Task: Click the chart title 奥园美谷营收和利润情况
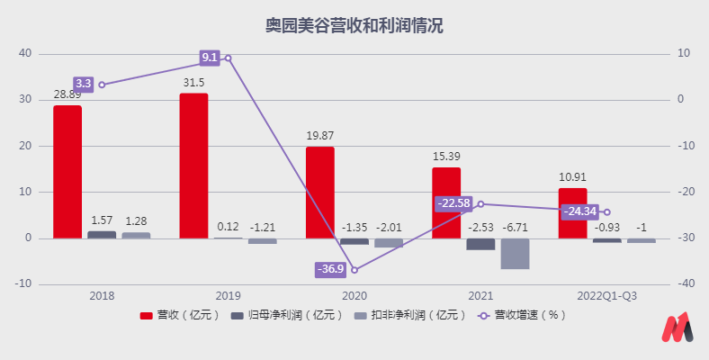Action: [354, 25]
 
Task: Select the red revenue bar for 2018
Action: [67, 172]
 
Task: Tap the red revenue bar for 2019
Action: [193, 166]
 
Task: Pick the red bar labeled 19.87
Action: [319, 193]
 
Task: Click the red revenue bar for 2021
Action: [446, 202]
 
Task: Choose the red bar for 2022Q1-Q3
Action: [572, 213]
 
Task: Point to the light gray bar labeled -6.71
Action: [515, 254]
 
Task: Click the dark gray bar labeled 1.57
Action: [102, 235]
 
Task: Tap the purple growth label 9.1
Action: [210, 58]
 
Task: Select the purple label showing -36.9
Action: [329, 269]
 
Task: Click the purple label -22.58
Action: [454, 203]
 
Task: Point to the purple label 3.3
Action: [84, 84]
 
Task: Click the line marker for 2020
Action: [354, 269]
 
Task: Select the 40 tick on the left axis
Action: [25, 53]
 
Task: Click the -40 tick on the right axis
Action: [685, 283]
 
